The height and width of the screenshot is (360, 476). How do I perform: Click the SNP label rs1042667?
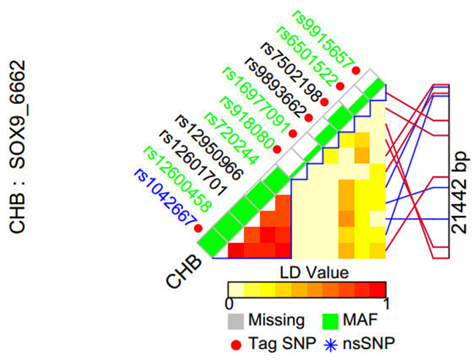[x=163, y=199]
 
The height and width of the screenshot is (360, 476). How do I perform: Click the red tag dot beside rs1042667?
[x=197, y=228]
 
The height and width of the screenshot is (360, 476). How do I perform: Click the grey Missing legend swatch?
[x=236, y=319]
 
